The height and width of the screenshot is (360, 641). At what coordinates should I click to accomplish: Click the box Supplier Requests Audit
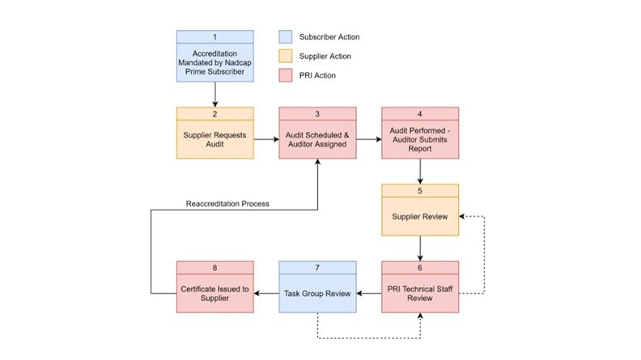coord(214,138)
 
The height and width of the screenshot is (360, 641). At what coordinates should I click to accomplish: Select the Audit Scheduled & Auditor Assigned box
coord(317,138)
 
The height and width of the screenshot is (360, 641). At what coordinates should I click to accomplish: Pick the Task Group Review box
coord(317,293)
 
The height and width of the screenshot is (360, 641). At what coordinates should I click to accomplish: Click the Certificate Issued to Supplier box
coord(214,293)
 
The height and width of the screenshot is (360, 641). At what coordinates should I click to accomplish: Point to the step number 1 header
coord(214,37)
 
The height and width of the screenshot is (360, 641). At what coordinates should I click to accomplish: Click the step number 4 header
coord(419,113)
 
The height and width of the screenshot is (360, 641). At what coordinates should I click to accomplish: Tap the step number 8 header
coord(214,268)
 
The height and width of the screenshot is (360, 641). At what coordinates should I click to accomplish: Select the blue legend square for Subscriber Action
coord(284,37)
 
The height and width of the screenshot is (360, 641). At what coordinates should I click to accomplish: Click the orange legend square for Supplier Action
coord(284,56)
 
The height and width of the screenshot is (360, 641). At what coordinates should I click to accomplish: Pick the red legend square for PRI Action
coord(284,75)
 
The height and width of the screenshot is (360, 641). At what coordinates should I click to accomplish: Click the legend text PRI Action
coord(318,75)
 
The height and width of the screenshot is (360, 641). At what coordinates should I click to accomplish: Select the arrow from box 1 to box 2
coord(214,94)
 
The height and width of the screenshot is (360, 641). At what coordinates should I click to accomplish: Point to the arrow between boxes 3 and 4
coord(368,139)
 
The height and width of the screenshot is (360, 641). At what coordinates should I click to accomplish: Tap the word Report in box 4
coord(419,149)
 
